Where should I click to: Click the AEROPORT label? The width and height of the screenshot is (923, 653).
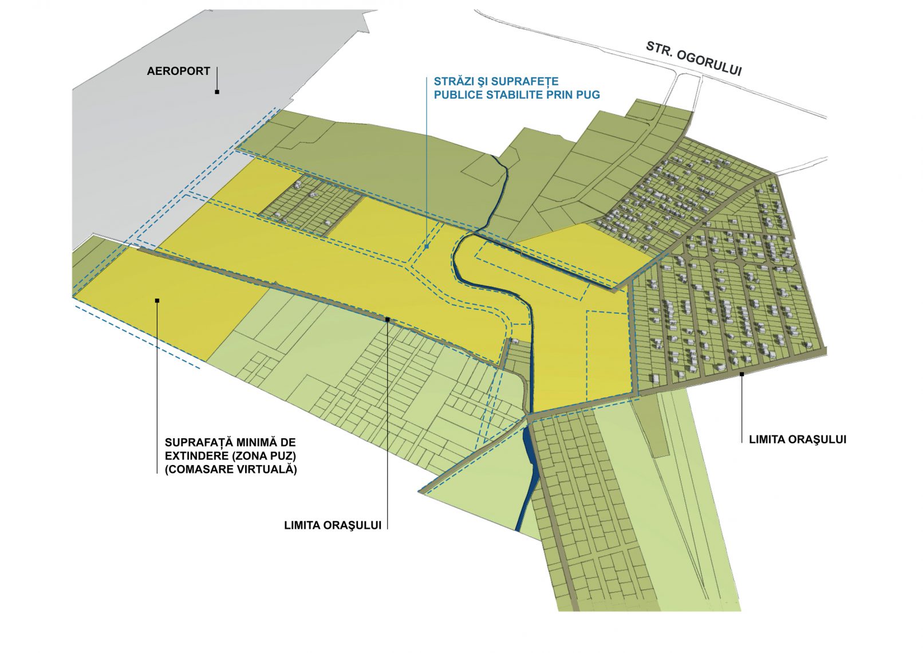178,71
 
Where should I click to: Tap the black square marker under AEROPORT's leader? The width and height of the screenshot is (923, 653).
217,92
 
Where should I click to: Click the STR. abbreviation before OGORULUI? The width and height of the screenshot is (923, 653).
659,48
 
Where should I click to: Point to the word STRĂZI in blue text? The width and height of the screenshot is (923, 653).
452,81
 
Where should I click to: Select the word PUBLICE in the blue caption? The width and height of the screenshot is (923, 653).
458,95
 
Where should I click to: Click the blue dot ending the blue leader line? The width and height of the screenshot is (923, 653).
427,247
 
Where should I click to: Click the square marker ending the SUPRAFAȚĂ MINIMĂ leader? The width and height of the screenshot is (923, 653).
157,300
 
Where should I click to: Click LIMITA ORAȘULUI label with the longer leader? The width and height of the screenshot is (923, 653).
333,525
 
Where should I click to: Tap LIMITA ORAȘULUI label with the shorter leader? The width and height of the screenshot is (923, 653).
797,439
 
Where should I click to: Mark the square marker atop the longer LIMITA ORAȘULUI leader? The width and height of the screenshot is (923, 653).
388,319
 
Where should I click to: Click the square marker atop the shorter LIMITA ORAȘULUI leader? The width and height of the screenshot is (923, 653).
741,373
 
